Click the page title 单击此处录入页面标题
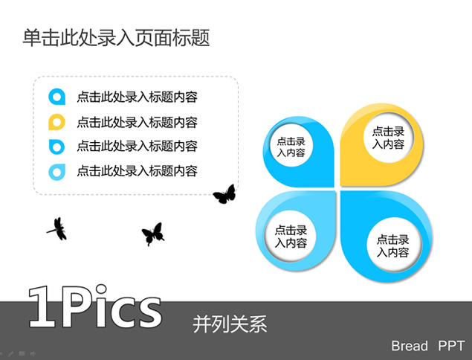pyautogui.click(x=116, y=38)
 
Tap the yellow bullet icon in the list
pyautogui.click(x=56, y=122)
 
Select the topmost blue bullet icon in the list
pyautogui.click(x=56, y=97)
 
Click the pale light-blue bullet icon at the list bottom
pyautogui.click(x=56, y=172)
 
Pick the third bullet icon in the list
pyautogui.click(x=56, y=147)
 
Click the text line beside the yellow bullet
pyautogui.click(x=138, y=122)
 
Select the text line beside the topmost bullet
pyautogui.click(x=138, y=97)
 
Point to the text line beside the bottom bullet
pyautogui.click(x=138, y=171)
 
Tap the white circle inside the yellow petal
pyautogui.click(x=388, y=138)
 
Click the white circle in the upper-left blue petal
pyautogui.click(x=291, y=146)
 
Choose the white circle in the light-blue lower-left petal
pyautogui.click(x=291, y=237)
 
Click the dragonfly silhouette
pyautogui.click(x=57, y=229)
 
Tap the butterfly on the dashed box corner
pyautogui.click(x=224, y=194)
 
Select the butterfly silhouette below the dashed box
pyautogui.click(x=153, y=234)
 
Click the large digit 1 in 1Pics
pyautogui.click(x=42, y=306)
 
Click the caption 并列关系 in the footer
pyautogui.click(x=230, y=324)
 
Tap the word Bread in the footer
pyautogui.click(x=410, y=346)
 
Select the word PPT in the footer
pyautogui.click(x=451, y=346)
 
